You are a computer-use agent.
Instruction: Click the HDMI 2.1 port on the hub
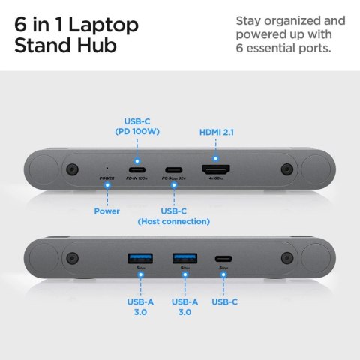pyautogui.click(x=215, y=169)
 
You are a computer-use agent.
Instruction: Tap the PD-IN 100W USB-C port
pyautogui.click(x=137, y=169)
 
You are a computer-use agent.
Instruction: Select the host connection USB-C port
pyautogui.click(x=174, y=169)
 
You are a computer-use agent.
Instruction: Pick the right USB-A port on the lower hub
pyautogui.click(x=184, y=259)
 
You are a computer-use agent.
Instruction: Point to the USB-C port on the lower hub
pyautogui.click(x=223, y=259)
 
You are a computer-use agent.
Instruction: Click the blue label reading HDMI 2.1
pyautogui.click(x=215, y=132)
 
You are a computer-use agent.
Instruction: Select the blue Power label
pyautogui.click(x=106, y=211)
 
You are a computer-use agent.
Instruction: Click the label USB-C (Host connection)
pyautogui.click(x=173, y=216)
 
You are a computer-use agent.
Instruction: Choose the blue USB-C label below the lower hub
pyautogui.click(x=226, y=301)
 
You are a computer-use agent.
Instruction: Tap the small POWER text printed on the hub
pyautogui.click(x=106, y=178)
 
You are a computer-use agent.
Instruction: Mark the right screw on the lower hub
pyautogui.click(x=286, y=259)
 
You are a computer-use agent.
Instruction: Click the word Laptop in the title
pyautogui.click(x=103, y=25)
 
